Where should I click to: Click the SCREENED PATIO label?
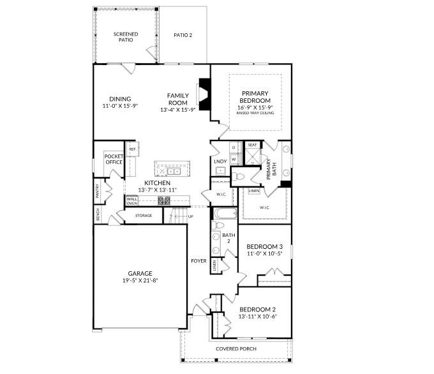(126, 36)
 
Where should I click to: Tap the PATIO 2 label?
(183, 35)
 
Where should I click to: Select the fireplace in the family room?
(204, 94)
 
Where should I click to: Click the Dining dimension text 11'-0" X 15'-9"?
(120, 106)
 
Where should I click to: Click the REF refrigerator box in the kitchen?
(132, 149)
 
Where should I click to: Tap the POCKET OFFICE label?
(114, 159)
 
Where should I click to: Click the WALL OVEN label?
(132, 200)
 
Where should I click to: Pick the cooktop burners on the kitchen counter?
(164, 200)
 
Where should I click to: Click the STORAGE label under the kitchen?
(144, 216)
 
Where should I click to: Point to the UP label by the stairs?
(190, 216)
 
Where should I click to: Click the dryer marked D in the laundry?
(234, 147)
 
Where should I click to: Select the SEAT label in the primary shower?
(252, 145)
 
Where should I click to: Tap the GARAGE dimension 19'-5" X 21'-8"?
(138, 280)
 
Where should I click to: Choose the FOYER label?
(198, 260)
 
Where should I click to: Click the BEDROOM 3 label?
(265, 246)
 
